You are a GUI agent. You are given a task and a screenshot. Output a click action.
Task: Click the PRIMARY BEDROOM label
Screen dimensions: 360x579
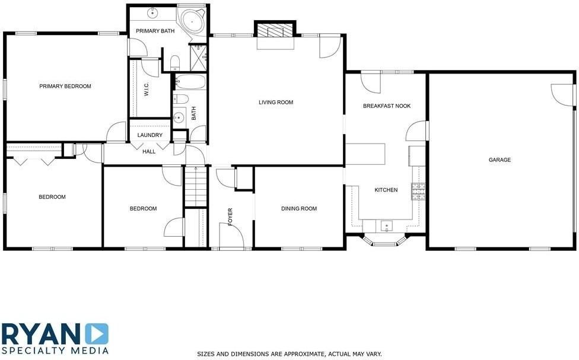65,87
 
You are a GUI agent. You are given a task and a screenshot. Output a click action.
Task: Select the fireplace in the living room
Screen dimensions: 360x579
275,31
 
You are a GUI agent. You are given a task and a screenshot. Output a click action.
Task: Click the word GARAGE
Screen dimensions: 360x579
500,160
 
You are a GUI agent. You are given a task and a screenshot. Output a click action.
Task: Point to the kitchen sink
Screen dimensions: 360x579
386,225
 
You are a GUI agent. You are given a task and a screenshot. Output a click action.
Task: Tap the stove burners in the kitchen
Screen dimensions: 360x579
419,192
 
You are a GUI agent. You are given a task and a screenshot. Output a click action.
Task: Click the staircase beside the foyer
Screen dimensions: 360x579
195,186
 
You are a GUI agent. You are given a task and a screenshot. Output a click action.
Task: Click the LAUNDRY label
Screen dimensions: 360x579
149,135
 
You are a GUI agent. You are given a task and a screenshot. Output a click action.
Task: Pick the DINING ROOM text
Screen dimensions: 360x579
298,209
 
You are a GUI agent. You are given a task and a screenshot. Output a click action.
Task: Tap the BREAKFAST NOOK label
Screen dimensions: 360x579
386,106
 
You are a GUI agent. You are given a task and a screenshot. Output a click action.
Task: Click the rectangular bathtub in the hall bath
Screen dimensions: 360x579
190,81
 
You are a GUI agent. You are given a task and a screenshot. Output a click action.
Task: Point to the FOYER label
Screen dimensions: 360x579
230,216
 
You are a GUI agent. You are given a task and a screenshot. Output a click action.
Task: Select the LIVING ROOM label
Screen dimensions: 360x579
276,103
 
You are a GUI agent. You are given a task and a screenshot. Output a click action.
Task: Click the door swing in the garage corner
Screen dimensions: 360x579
561,93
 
